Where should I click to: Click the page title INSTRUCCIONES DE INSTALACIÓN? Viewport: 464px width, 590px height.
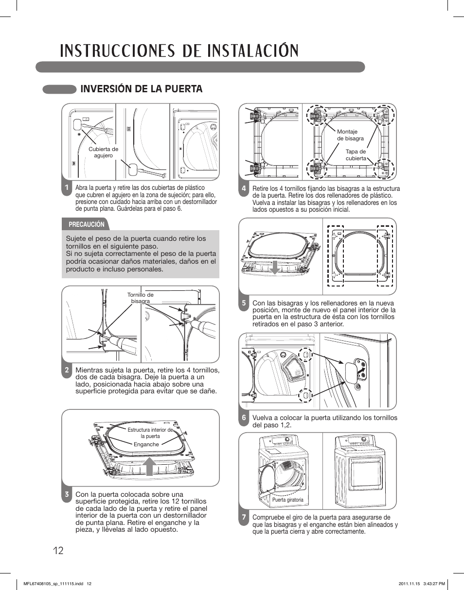179,51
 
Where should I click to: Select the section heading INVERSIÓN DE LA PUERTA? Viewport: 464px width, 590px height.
141,89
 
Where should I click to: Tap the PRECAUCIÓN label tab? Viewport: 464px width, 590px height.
86,224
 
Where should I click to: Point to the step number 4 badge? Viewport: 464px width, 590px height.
244,188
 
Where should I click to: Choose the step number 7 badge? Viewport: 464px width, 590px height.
244,518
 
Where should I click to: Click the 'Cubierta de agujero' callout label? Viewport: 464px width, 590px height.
103,152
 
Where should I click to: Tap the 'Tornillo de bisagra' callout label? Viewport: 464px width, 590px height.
140,298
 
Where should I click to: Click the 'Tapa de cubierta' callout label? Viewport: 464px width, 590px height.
356,155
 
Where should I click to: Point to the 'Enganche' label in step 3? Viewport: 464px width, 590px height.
146,444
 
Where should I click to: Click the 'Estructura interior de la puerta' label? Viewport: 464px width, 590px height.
150,433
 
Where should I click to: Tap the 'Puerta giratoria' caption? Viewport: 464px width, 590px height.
287,500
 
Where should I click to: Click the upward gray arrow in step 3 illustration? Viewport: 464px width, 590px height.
150,466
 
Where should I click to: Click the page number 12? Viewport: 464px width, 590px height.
58,551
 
